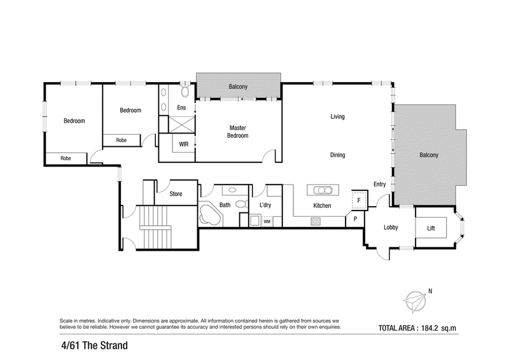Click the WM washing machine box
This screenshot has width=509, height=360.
[267, 221]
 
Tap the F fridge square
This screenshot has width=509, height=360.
[359, 200]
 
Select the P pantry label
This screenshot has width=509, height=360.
[355, 219]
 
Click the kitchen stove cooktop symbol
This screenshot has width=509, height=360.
[316, 221]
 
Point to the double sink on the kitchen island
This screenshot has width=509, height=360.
[323, 190]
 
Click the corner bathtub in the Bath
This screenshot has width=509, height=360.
[210, 216]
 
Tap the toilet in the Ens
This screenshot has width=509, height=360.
[185, 90]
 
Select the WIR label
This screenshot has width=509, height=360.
[184, 144]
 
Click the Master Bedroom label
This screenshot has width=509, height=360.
[237, 132]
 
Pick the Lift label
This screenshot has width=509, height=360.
[431, 228]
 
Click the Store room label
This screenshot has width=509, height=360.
[176, 194]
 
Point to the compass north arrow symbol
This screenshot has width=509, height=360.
[415, 301]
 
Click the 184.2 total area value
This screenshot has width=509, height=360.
[429, 328]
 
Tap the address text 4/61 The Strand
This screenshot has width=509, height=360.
[94, 345]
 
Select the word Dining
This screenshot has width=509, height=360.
[338, 155]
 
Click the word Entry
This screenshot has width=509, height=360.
[379, 184]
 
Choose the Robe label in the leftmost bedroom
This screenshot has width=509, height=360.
[66, 158]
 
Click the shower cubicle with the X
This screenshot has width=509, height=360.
[181, 124]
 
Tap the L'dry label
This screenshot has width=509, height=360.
[265, 205]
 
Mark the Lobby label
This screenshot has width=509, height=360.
[391, 228]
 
